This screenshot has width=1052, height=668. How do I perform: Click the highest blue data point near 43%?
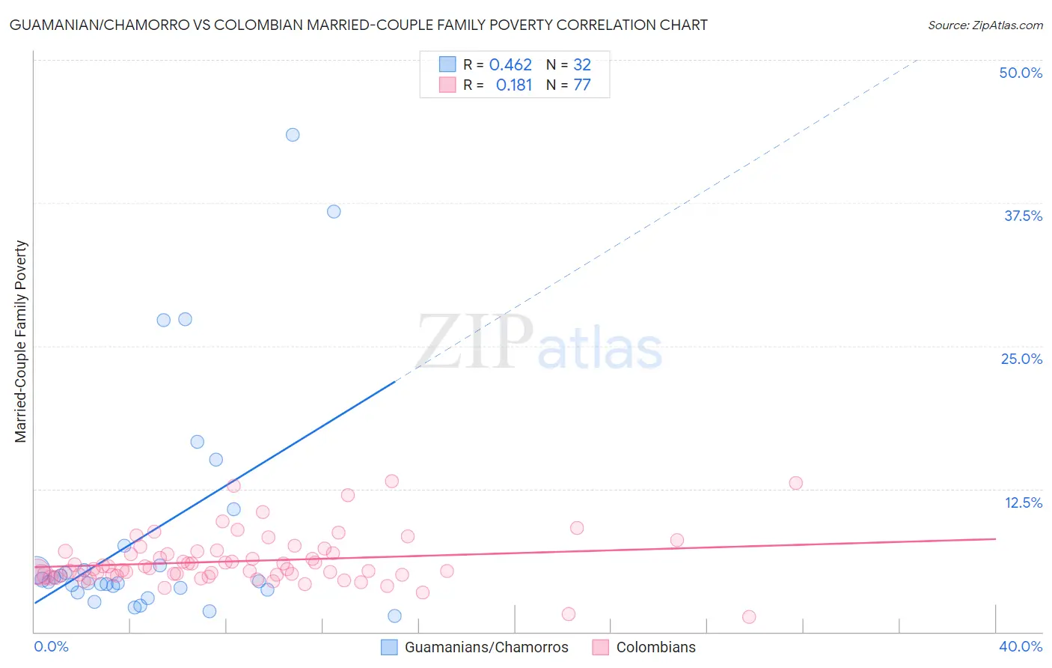coord(293,135)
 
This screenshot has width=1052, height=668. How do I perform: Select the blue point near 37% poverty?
coord(334,211)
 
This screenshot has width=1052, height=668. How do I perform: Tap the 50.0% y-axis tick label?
coord(1021,73)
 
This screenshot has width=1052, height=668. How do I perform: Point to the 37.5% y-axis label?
coord(1023,216)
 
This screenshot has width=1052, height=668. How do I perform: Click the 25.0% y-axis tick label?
coord(1021,359)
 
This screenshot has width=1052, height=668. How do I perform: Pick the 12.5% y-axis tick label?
coord(1023,502)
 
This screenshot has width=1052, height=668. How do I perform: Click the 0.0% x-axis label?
coord(52,646)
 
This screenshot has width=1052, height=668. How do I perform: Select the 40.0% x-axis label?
coord(1021,646)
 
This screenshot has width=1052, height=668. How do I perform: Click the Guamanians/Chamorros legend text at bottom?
coord(486,647)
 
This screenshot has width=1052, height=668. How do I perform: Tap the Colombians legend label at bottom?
coord(655,647)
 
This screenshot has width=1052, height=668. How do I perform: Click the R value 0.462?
coord(510,65)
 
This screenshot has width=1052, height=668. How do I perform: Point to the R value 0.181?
coord(514,85)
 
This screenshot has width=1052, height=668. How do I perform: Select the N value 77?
coord(582,85)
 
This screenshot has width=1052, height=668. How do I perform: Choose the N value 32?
coord(582,65)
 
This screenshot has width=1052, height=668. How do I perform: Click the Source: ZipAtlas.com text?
coord(985,25)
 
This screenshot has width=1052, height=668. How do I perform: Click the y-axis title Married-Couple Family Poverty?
coord(21,341)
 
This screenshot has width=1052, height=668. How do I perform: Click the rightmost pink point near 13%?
coord(795,483)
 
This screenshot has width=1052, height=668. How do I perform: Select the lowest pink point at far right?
coord(749,617)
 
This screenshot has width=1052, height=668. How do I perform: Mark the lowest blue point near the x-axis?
coord(394,616)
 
